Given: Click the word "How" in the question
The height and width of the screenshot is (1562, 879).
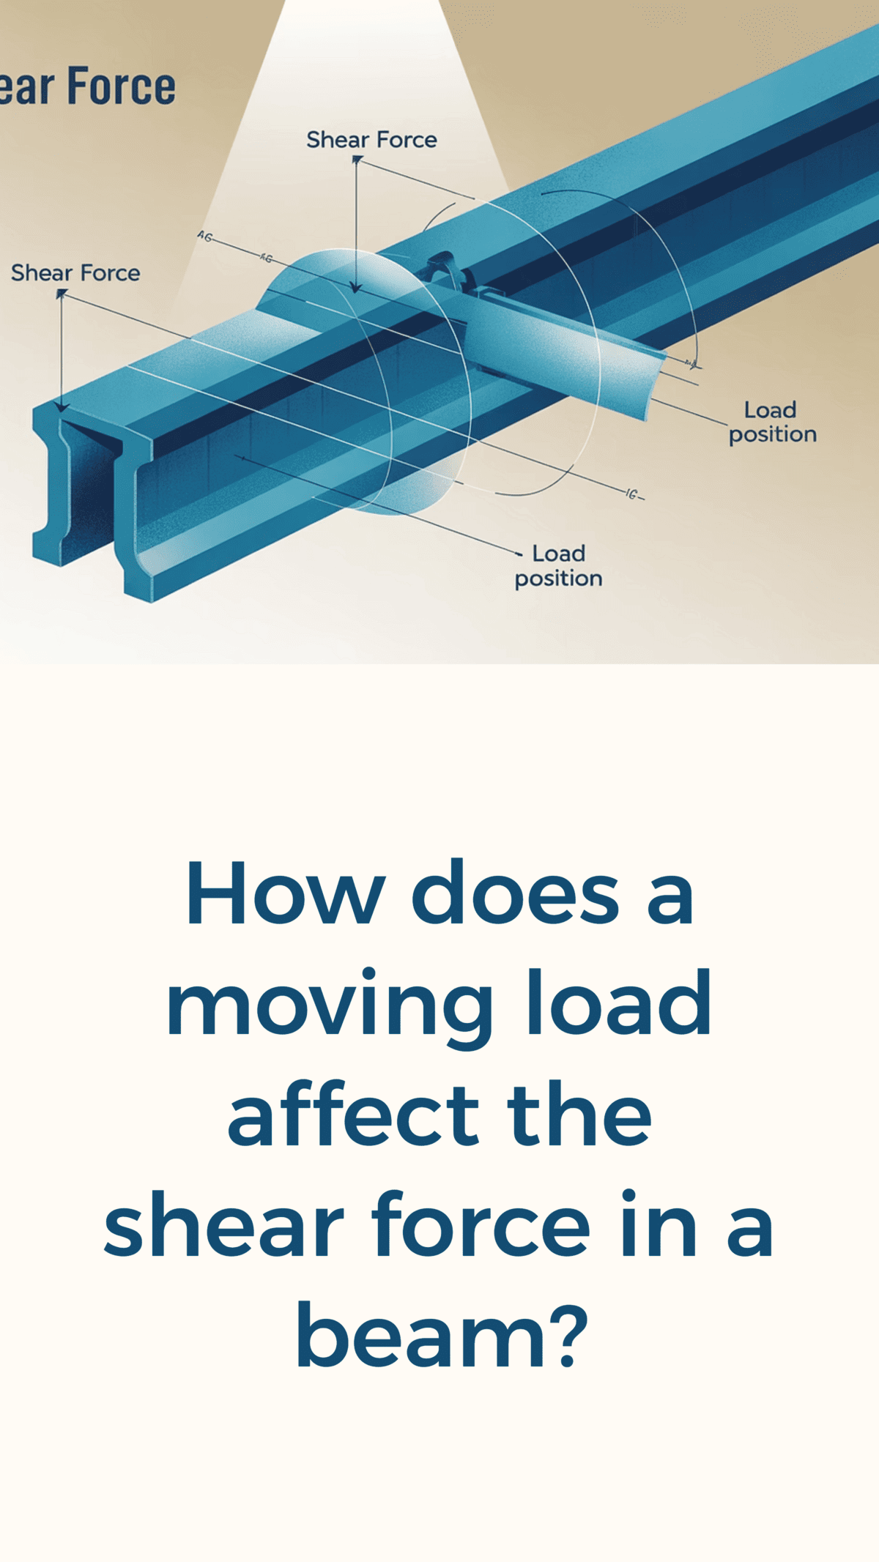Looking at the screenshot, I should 286,893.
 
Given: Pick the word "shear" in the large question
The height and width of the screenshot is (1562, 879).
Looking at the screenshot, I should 224,1226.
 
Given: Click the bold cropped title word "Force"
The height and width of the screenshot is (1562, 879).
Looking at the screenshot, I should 122,86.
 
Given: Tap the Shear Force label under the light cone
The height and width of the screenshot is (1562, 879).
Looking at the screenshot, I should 371,140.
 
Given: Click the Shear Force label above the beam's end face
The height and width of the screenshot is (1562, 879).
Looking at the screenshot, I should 75,273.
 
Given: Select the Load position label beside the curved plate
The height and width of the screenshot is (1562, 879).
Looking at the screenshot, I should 772,422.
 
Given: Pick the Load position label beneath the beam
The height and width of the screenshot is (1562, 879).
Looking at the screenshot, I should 558,565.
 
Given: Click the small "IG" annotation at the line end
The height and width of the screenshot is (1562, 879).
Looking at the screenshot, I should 634,494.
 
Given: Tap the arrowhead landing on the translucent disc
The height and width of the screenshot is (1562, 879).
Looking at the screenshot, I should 356,287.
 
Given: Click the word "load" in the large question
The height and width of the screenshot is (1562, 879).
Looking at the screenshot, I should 619,1003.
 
